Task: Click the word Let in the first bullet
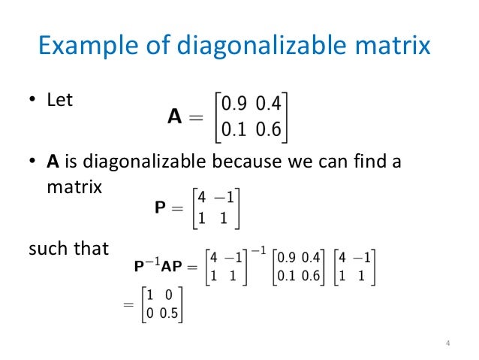[x=60, y=99]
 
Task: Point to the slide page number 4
[x=447, y=344]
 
